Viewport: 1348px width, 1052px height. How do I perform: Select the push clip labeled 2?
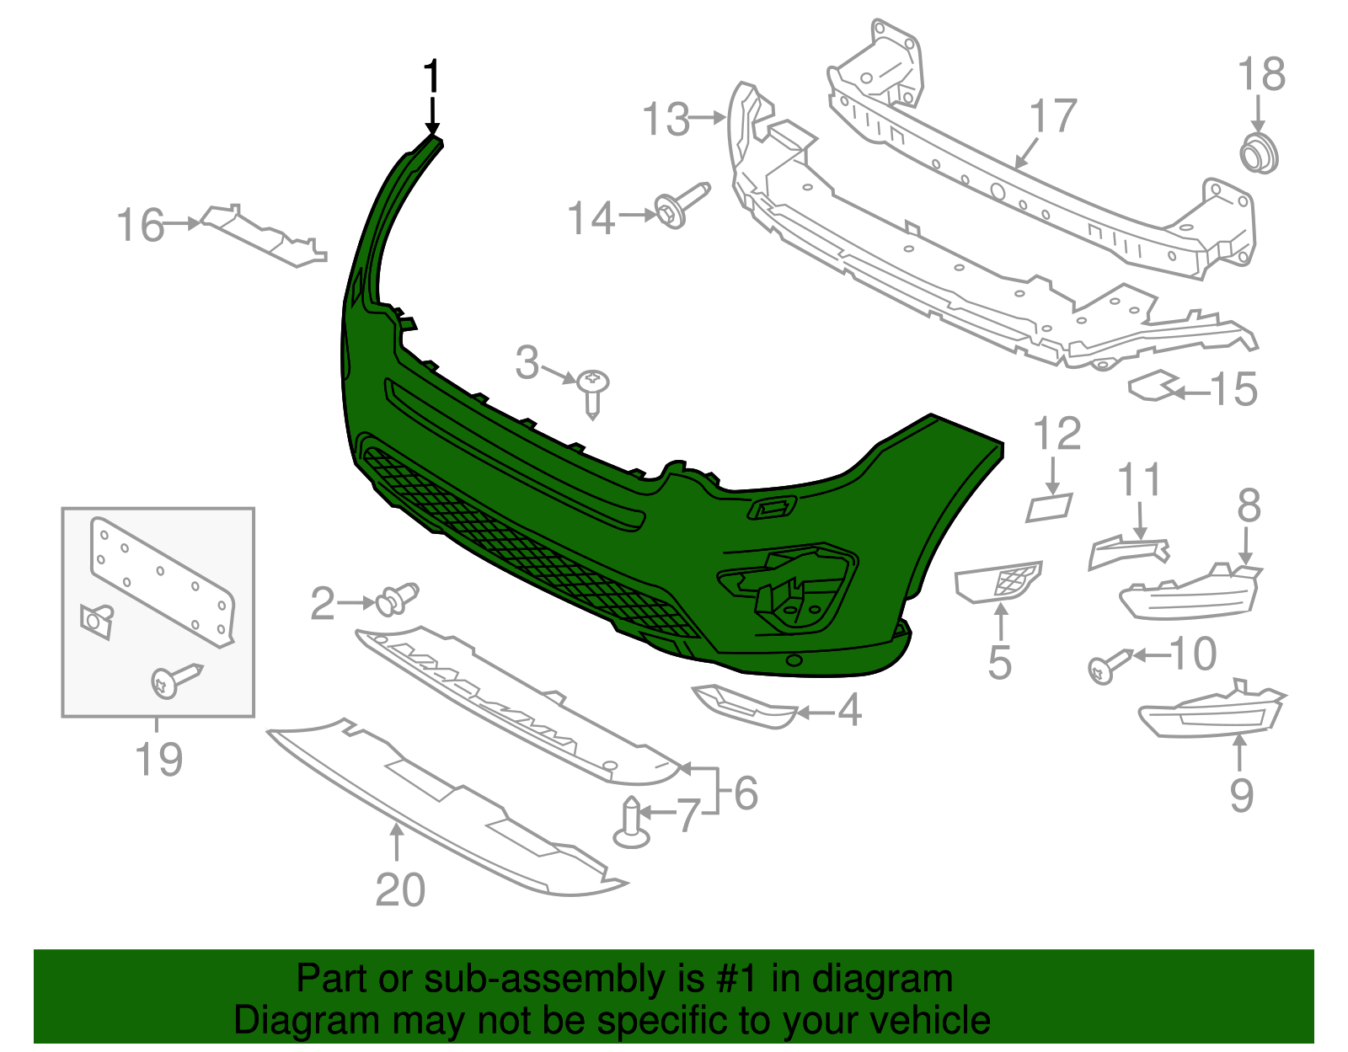tap(398, 599)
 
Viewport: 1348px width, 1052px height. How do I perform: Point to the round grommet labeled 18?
tap(1259, 154)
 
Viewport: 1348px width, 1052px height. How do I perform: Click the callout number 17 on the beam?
tap(1053, 116)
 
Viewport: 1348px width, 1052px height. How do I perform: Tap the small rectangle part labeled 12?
tap(1049, 508)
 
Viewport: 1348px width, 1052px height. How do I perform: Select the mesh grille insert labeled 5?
tap(998, 581)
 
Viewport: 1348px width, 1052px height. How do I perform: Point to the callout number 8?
tap(1249, 506)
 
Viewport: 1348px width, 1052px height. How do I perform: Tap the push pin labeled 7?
tap(631, 825)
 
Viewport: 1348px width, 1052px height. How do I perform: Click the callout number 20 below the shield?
tap(400, 889)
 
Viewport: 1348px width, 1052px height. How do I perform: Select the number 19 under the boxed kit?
tap(158, 759)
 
